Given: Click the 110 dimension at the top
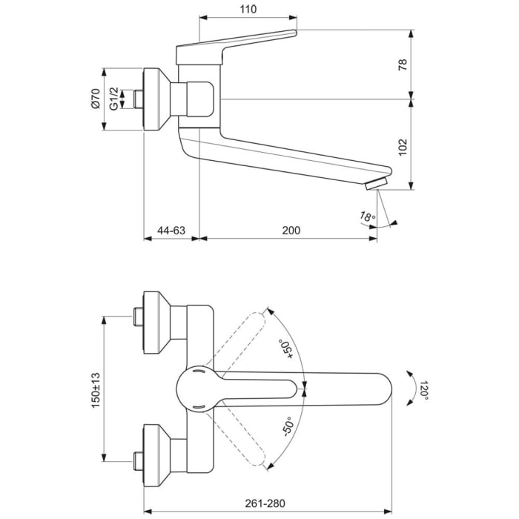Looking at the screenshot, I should point(248,10).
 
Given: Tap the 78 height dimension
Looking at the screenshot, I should point(424,65).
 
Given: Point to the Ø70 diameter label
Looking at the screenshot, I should point(95,99).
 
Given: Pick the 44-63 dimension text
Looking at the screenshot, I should point(171,231).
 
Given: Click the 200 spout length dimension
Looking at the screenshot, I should point(291,231).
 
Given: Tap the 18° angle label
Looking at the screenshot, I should point(366,217).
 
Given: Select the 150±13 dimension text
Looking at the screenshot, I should point(95,388).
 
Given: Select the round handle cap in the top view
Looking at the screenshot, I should point(196,386).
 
